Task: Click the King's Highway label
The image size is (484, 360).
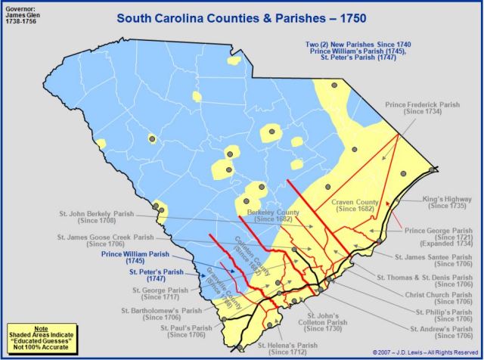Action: click(446, 200)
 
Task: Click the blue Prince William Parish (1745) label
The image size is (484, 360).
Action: click(137, 257)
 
